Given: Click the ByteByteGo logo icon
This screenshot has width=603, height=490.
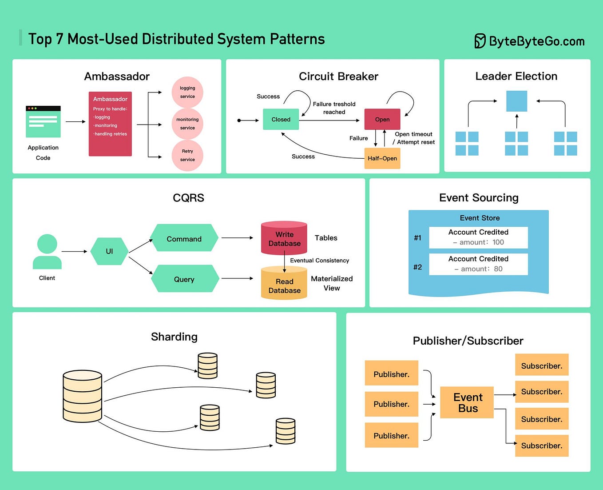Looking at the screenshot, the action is (480, 41).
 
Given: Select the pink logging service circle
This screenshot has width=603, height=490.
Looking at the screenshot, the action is (187, 92).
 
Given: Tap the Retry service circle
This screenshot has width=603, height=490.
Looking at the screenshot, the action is (187, 155).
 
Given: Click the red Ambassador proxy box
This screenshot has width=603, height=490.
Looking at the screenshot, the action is (110, 124).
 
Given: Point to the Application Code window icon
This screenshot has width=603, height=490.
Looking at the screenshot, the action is (43, 121).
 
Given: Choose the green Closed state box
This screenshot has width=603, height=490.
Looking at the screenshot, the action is (281, 119).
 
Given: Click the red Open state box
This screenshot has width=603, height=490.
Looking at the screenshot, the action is (382, 119).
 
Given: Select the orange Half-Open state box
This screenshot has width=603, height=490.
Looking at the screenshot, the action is (382, 158).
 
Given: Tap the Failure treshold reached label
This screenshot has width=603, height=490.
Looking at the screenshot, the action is (334, 108).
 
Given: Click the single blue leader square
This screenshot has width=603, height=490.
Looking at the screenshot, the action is (517, 101).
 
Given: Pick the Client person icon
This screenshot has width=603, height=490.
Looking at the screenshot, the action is (47, 252).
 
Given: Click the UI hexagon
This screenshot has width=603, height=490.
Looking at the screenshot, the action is (109, 251).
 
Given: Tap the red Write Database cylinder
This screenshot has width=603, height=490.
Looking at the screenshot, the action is (284, 238).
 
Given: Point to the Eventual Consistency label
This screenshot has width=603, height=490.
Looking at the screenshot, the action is (319, 261).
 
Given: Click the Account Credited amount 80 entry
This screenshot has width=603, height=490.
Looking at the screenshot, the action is (478, 264).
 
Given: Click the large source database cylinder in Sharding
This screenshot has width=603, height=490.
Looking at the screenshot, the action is (83, 396).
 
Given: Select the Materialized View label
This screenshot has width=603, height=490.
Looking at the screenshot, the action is (332, 283).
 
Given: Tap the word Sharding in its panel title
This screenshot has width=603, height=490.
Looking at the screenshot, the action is (174, 337).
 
